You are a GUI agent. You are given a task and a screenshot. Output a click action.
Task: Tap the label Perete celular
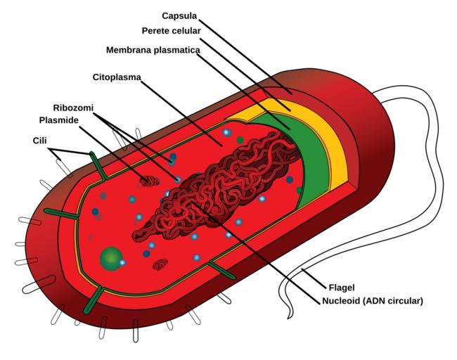(171, 31)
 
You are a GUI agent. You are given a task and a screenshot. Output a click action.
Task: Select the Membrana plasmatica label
(153, 50)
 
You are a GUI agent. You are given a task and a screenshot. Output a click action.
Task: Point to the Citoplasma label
(117, 76)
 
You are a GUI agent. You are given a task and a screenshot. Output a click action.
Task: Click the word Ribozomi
(73, 108)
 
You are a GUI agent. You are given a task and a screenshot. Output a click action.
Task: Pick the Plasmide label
(58, 120)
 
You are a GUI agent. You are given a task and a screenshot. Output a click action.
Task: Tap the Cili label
(41, 141)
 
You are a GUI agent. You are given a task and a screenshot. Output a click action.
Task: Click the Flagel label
(340, 287)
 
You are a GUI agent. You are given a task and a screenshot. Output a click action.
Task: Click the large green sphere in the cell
(110, 259)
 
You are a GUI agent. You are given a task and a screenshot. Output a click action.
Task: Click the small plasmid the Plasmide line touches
(148, 181)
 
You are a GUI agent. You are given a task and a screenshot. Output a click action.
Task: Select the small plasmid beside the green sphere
(160, 265)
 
